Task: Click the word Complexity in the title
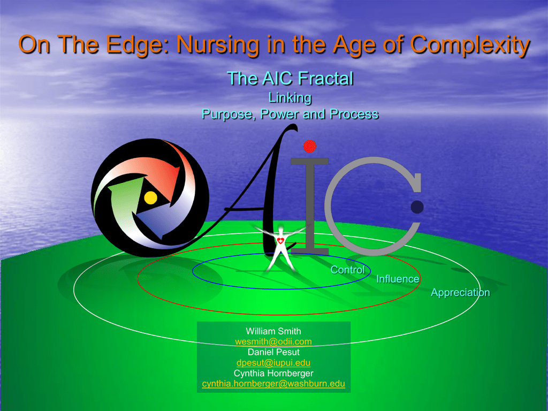coord(470,45)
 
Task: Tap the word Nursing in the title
coord(218,45)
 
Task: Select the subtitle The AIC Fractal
coord(290,78)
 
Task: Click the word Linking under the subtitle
coord(290,98)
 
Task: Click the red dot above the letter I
coord(310,147)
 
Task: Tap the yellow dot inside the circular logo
coord(150,197)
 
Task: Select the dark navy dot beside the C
coord(417,207)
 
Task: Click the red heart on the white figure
coord(280,240)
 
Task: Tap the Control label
coord(347,270)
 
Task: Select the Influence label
coord(398,279)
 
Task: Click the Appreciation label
coord(460,293)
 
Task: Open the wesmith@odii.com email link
coord(273,341)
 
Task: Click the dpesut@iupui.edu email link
coord(273,362)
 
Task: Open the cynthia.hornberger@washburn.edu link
coord(273,383)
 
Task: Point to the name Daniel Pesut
coord(273,352)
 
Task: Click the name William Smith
coord(273,331)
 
